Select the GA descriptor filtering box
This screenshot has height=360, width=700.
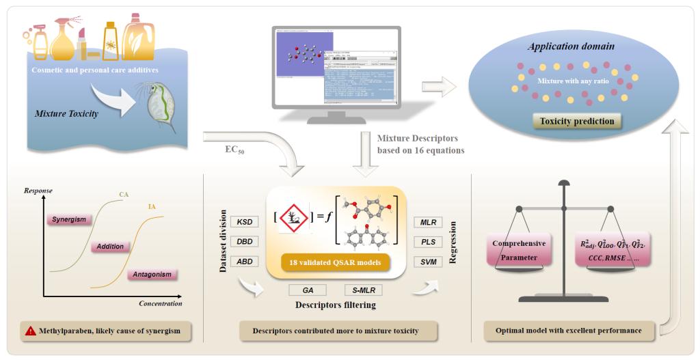pos(308,290)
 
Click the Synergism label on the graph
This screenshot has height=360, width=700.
pos(70,219)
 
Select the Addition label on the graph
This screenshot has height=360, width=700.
pos(110,246)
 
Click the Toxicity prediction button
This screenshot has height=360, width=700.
pos(578,122)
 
